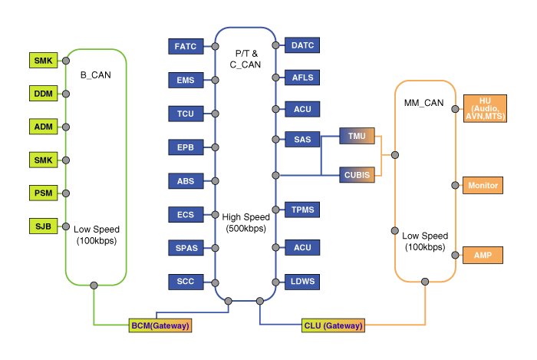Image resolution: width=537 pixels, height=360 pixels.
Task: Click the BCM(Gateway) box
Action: pos(160,325)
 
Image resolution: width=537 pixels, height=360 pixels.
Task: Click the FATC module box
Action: pos(186,47)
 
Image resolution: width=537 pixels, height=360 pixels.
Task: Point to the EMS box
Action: pos(186,79)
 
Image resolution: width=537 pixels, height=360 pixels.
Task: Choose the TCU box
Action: pos(186,114)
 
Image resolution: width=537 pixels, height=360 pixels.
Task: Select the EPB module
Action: pos(186,147)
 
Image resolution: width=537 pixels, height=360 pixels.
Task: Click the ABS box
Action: pos(186,181)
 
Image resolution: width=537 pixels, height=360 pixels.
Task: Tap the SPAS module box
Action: pos(186,247)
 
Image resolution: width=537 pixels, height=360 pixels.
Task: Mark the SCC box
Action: pos(186,282)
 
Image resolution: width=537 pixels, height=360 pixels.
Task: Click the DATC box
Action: pos(301,47)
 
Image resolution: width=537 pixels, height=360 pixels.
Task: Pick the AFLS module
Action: pos(301,78)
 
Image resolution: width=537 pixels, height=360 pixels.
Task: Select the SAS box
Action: pos(301,139)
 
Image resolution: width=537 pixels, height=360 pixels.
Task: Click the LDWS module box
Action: pos(301,282)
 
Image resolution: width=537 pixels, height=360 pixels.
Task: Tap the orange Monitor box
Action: pos(483,185)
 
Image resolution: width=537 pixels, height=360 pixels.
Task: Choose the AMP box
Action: pos(483,255)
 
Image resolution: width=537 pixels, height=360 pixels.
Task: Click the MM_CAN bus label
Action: pos(423,103)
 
